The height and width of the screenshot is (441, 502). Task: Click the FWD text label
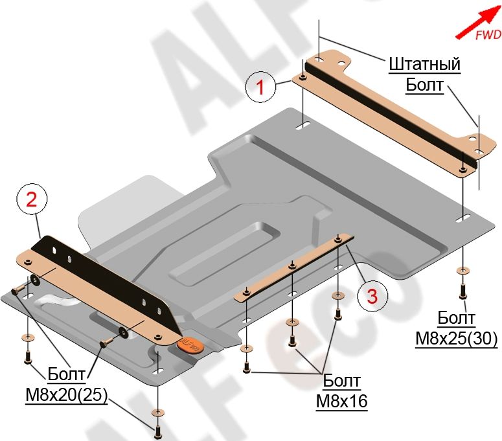488,36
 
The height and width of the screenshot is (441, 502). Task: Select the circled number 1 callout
261,87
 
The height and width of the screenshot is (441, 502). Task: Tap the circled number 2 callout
31,201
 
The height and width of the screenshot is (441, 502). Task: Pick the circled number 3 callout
371,296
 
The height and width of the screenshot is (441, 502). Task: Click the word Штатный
424,65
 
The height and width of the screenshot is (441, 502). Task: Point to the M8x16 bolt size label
341,401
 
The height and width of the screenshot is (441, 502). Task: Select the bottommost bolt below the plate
157,428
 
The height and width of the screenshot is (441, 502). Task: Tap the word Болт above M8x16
341,381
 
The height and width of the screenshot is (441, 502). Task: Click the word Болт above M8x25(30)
456,318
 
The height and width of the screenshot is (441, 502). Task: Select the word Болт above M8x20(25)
67,374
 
